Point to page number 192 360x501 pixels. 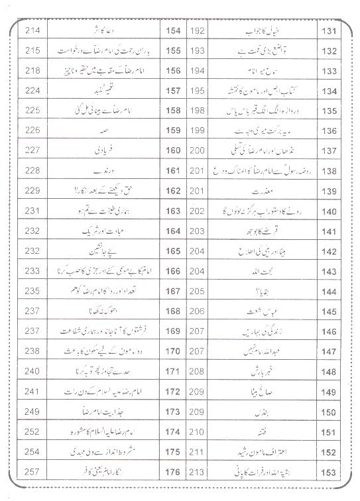pos(197,31)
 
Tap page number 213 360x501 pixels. pos(197,473)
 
